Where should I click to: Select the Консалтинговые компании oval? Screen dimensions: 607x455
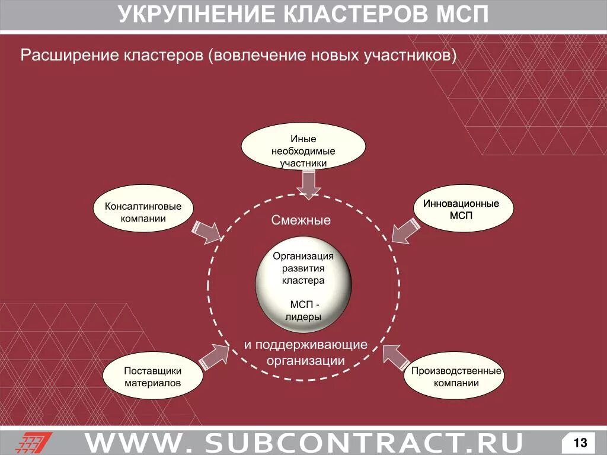click(x=143, y=212)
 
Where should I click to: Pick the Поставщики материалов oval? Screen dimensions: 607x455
click(x=152, y=377)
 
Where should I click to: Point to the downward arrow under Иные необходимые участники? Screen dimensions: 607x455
click(x=308, y=183)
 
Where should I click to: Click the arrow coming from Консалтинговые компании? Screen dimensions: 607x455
click(x=206, y=232)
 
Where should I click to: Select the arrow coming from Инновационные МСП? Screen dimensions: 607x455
click(x=404, y=230)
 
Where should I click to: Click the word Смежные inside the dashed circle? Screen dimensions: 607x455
click(x=301, y=220)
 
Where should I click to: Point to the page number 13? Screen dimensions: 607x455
click(x=580, y=442)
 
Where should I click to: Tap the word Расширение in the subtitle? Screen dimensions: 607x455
click(x=69, y=56)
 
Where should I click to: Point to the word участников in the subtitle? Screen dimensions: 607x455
click(x=411, y=56)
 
